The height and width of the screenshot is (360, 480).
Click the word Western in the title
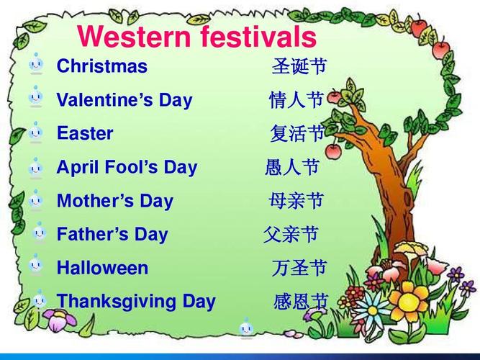[x=134, y=36]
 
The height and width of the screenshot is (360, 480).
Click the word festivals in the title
[x=258, y=36]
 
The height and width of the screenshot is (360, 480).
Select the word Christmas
[x=102, y=66]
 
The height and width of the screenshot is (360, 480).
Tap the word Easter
[x=85, y=133]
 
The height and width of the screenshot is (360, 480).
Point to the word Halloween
[x=103, y=267]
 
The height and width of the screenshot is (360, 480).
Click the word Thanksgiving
[x=117, y=302]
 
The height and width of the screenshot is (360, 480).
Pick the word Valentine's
[x=104, y=99]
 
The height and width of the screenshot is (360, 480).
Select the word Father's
[x=93, y=234]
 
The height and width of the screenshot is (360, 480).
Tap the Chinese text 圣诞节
[x=299, y=66]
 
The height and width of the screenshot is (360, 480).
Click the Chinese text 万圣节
[x=299, y=267]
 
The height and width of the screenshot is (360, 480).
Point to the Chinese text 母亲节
[x=296, y=201]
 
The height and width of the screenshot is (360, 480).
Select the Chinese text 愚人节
[x=292, y=167]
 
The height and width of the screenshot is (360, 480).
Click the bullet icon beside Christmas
[x=36, y=64]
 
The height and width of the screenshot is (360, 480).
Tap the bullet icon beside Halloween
[x=36, y=265]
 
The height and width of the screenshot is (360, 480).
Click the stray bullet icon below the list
[x=246, y=328]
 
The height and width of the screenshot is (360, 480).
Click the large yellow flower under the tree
[x=409, y=301]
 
